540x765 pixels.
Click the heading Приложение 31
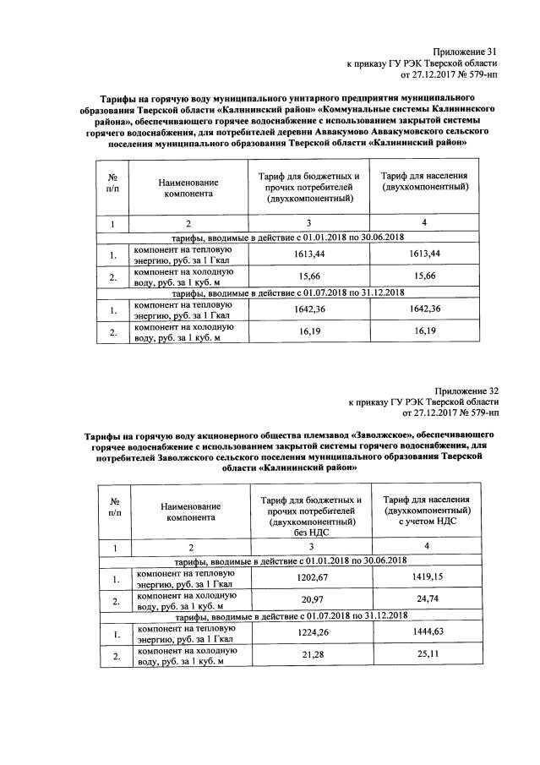coord(465,51)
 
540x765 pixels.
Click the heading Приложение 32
coord(466,391)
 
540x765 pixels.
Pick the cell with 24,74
coord(425,601)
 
